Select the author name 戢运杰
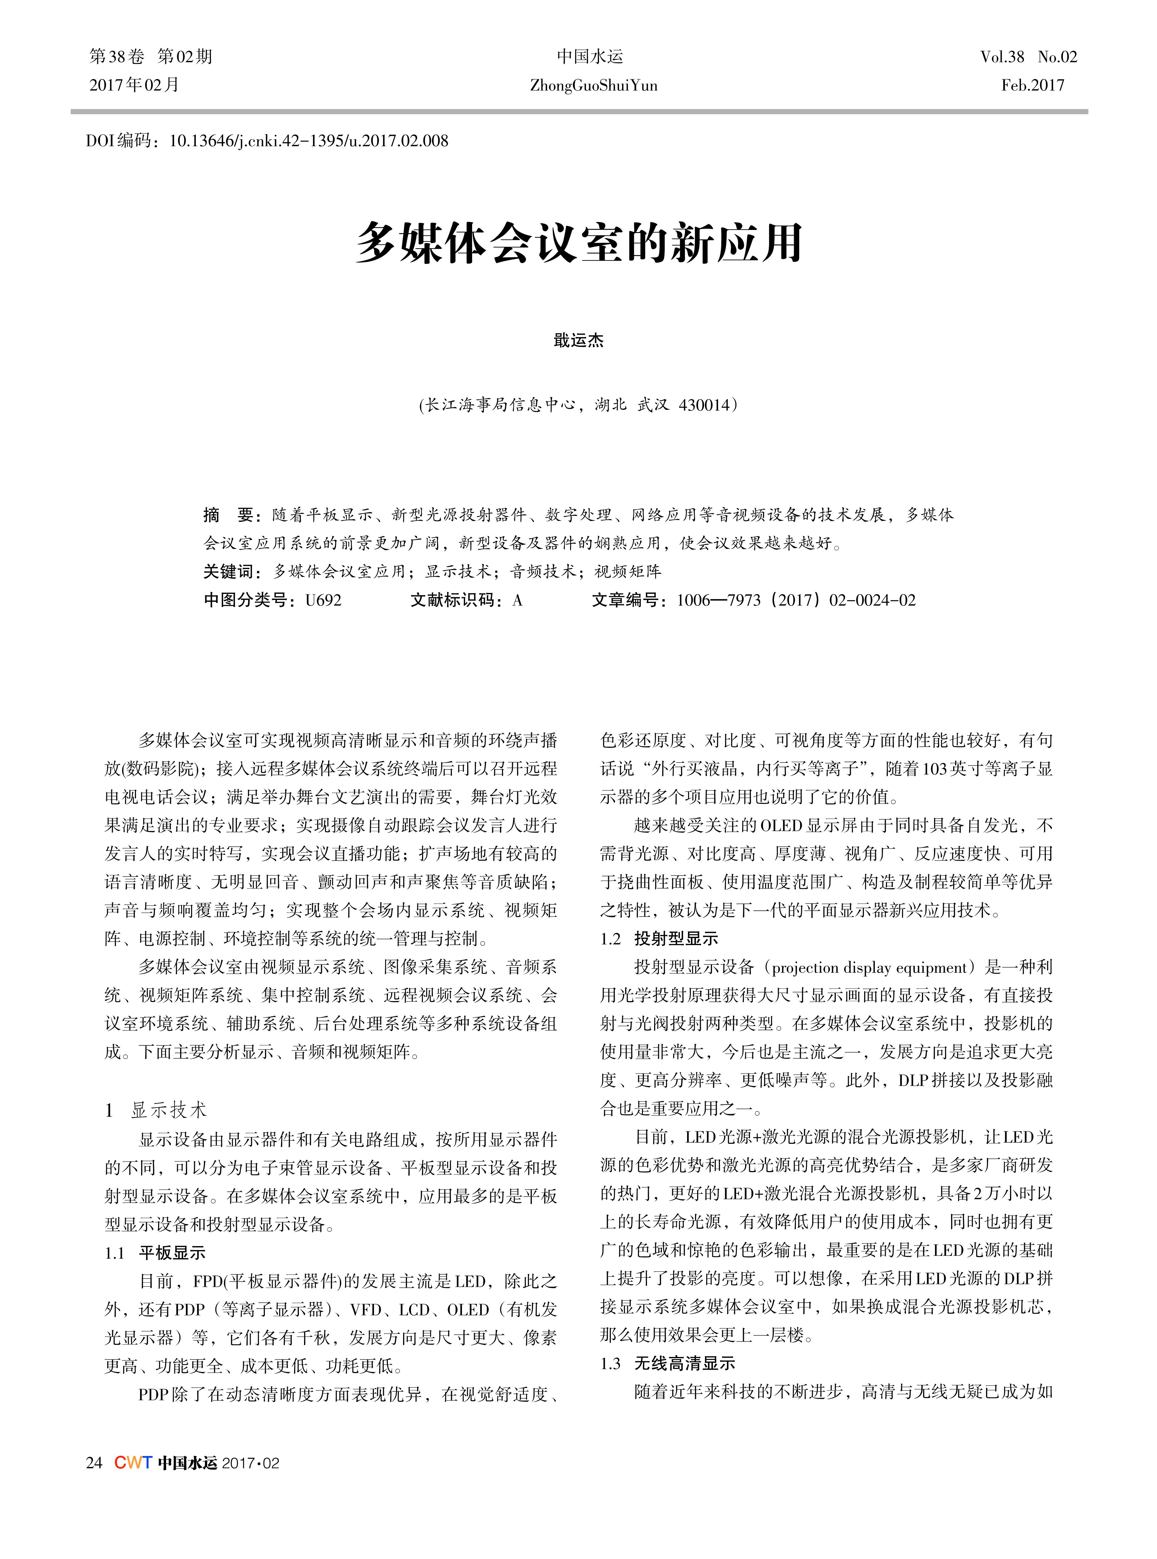coord(578,341)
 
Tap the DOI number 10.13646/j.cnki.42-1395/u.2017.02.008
coord(309,141)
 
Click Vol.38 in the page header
coord(1001,57)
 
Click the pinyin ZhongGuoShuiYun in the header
coord(593,85)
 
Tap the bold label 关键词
coord(228,571)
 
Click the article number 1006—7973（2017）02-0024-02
coord(796,600)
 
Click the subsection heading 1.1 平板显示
coord(156,1253)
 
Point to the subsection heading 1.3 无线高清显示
coord(667,1364)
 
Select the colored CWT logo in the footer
coord(133,1463)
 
